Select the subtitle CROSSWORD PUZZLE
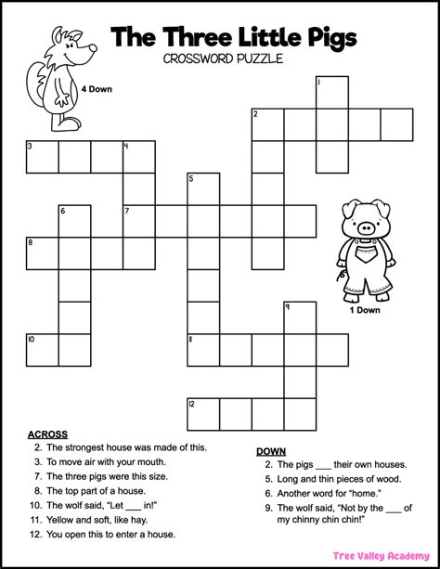pyautogui.click(x=220, y=61)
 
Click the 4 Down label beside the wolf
pyautogui.click(x=97, y=89)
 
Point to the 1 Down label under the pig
pyautogui.click(x=365, y=310)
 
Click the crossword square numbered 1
pyautogui.click(x=331, y=93)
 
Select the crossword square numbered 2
pyautogui.click(x=267, y=125)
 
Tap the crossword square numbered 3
pyautogui.click(x=42, y=157)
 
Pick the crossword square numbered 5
pyautogui.click(x=203, y=189)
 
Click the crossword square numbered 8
pyautogui.click(x=42, y=253)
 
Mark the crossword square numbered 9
pyautogui.click(x=299, y=317)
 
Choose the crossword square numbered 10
pyautogui.click(x=42, y=350)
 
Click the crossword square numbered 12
pyautogui.click(x=203, y=414)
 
